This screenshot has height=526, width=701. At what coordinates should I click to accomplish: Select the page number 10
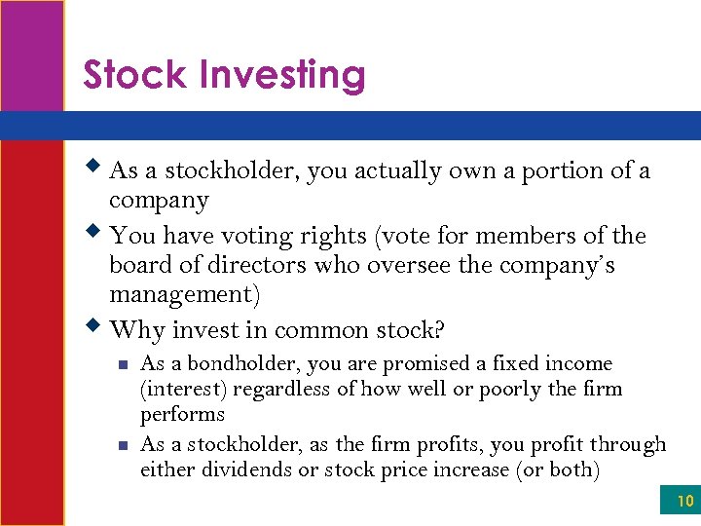coord(684,502)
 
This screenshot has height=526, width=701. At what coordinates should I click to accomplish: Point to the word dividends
coord(248,470)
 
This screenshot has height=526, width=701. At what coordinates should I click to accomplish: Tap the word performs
coord(182,415)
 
